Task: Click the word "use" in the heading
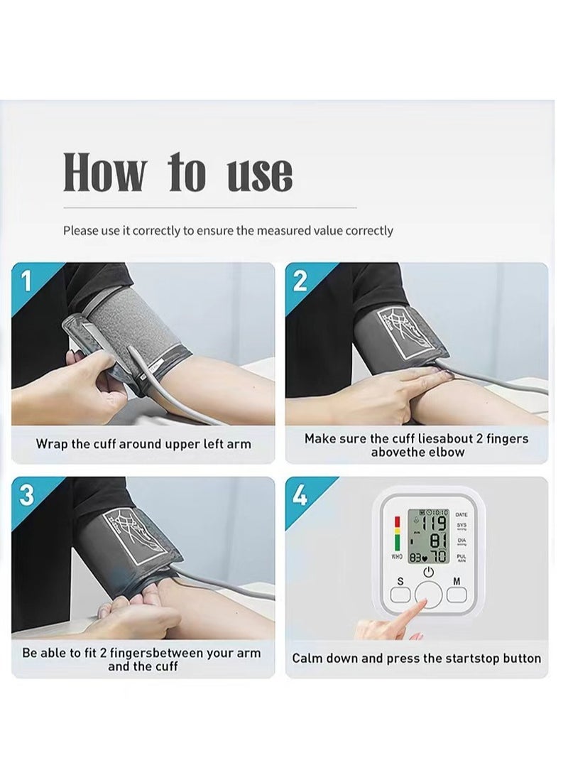pos(259,173)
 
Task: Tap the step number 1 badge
pos(26,281)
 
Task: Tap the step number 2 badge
pos(300,281)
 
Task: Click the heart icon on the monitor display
pos(425,559)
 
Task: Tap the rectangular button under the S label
pos(400,595)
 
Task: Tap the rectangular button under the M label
pos(457,595)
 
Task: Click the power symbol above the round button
pos(429,573)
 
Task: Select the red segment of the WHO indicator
pos(398,521)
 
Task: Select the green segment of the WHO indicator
pos(398,543)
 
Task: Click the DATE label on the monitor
pos(461,515)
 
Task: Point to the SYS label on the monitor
pos(461,525)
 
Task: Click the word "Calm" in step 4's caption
pos(308,659)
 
